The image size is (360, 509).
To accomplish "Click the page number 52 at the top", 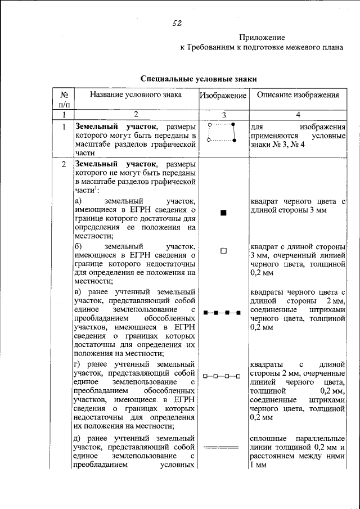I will point(178,23).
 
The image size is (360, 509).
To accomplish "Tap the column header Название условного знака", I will point(136,95).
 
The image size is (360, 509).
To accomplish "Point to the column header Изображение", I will point(223,96).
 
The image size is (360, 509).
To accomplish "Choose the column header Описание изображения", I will point(298,95).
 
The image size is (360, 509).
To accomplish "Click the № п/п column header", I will point(64,100).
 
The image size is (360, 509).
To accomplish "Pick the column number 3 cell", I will point(223,115).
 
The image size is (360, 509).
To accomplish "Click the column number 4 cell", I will point(298,115).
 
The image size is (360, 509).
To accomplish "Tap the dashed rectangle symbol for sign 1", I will point(223,132).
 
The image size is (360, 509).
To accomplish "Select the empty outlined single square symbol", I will point(223,251).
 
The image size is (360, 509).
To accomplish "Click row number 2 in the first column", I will point(64,164).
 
